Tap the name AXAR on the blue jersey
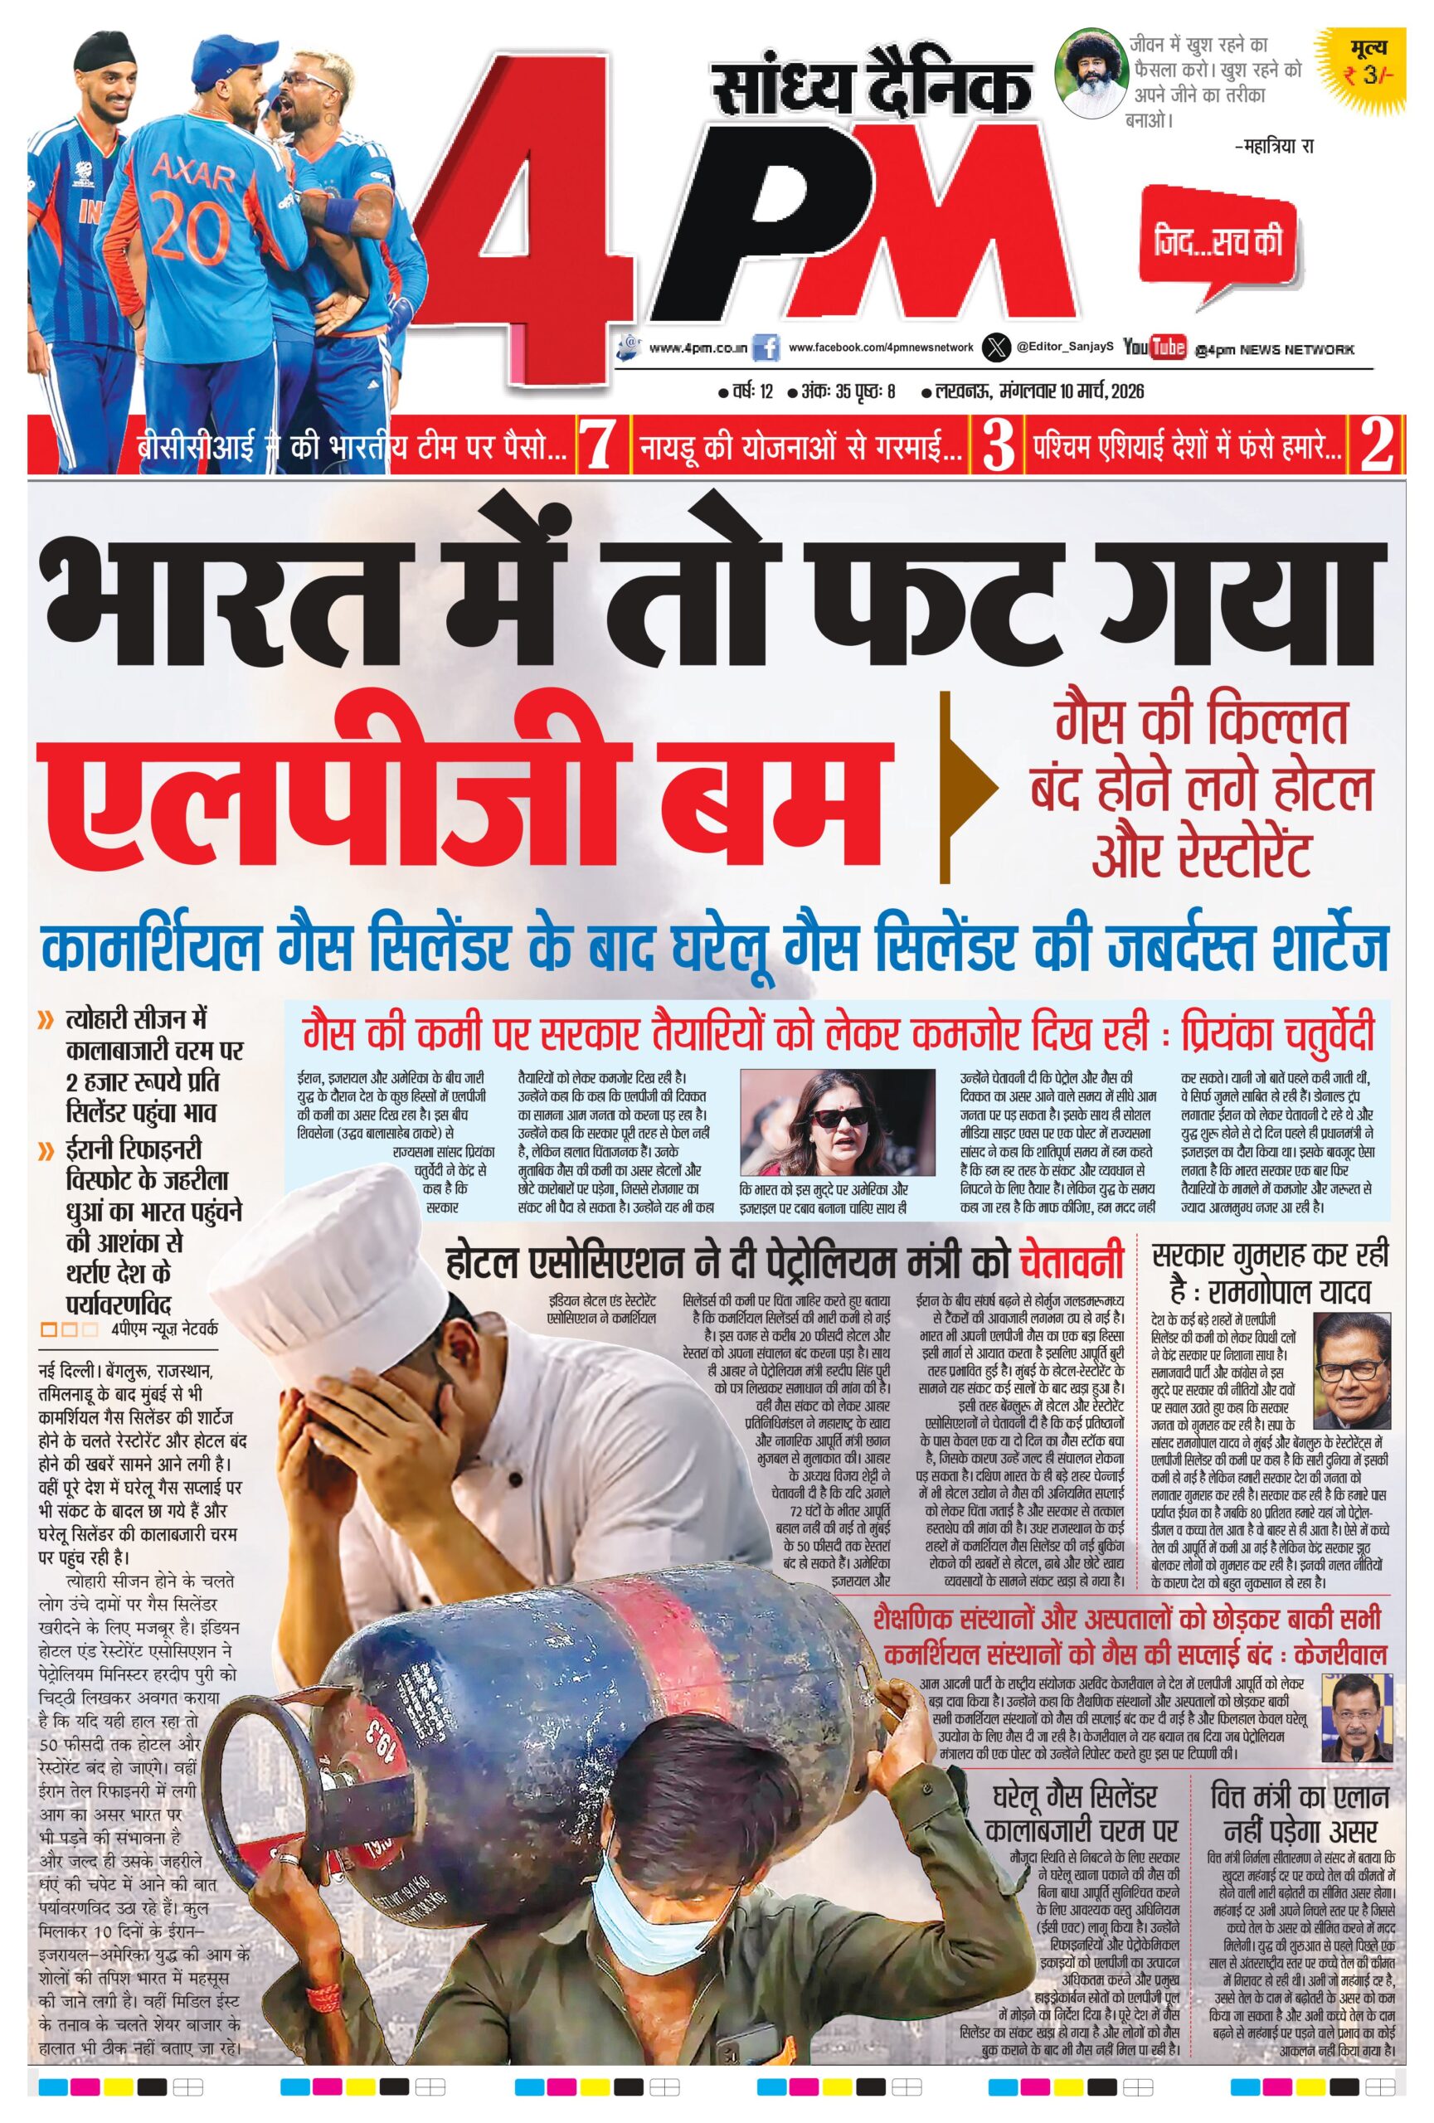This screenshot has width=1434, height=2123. click(x=193, y=172)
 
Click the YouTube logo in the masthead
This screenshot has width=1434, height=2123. click(x=1154, y=347)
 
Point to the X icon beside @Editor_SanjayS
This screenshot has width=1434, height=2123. click(x=995, y=348)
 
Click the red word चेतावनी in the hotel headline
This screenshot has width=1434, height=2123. click(x=1071, y=1262)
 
